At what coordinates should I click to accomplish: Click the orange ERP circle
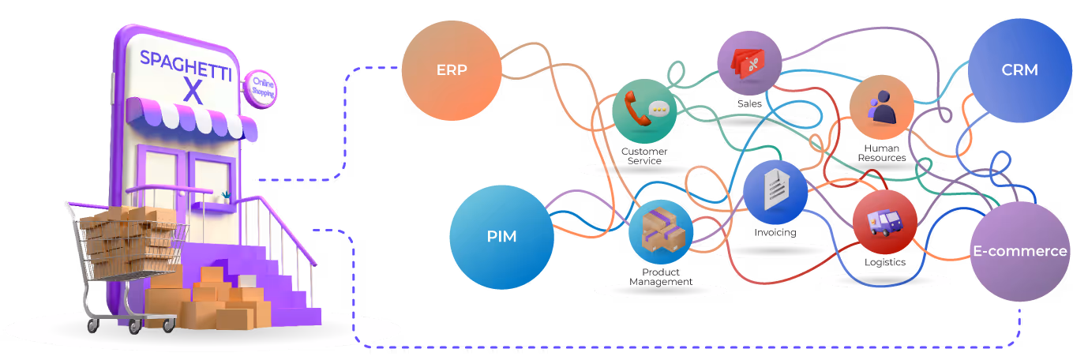pyautogui.click(x=452, y=70)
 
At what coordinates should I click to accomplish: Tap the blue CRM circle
pyautogui.click(x=1019, y=70)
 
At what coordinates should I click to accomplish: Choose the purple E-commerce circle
pyautogui.click(x=1019, y=251)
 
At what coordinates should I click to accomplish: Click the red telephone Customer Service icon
pyautogui.click(x=644, y=111)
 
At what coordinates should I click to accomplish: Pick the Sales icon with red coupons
pyautogui.click(x=748, y=62)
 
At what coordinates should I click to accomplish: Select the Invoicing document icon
pyautogui.click(x=775, y=192)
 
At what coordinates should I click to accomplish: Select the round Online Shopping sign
pyautogui.click(x=259, y=88)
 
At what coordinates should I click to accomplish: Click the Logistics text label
pyautogui.click(x=884, y=262)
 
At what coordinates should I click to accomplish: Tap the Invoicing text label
pyautogui.click(x=775, y=233)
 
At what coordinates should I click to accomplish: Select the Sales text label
pyautogui.click(x=749, y=103)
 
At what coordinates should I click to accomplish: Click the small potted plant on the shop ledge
pyautogui.click(x=227, y=195)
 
